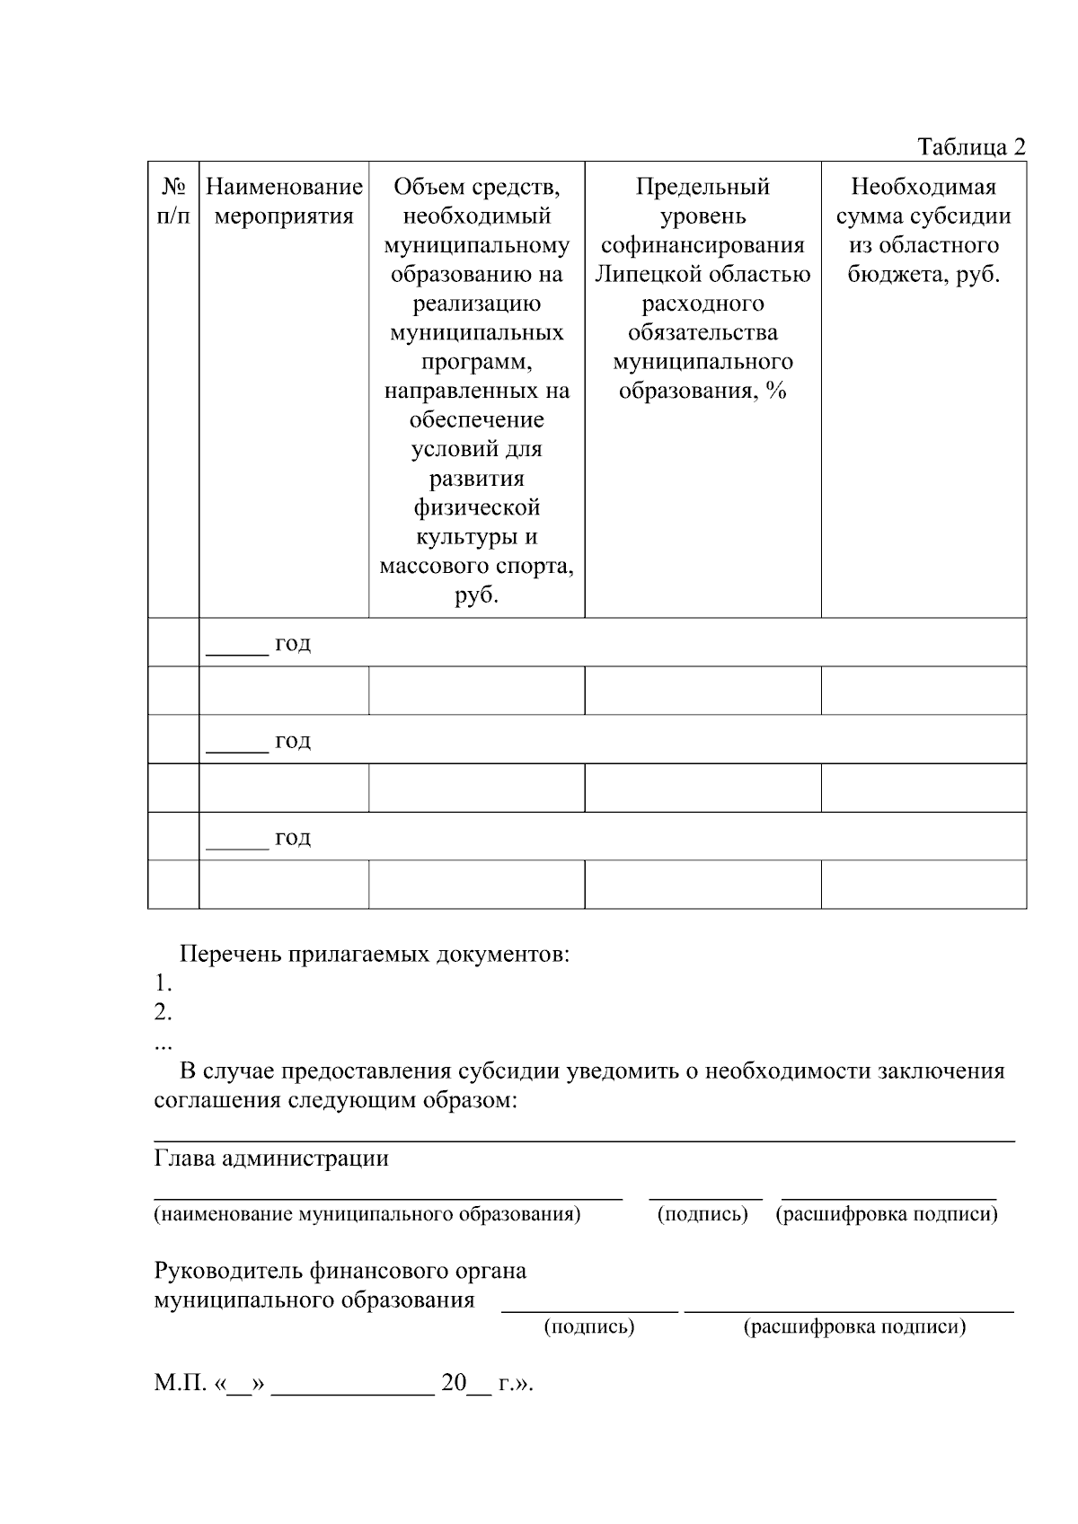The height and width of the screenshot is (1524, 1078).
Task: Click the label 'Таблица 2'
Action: pos(970,146)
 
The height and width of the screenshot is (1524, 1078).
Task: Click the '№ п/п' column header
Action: pos(173,201)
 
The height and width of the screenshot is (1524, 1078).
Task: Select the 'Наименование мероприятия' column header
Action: pos(284,201)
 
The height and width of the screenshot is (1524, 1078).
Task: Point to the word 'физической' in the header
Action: pos(476,507)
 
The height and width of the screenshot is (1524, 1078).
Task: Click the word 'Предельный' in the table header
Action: pos(702,187)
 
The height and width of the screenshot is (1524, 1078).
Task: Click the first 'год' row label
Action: pos(293,643)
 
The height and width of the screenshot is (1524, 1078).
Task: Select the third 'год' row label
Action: pos(293,837)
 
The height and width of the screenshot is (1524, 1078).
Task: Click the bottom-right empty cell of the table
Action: pos(923,885)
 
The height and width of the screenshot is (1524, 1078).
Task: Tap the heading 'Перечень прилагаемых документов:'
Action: pos(375,954)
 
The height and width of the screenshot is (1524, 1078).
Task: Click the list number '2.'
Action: pos(163,1012)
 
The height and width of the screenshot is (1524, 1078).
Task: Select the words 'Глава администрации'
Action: pos(271,1158)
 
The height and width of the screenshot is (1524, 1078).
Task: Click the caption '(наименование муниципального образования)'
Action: pos(367,1214)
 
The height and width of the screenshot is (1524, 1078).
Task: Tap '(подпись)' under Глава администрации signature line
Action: pos(702,1214)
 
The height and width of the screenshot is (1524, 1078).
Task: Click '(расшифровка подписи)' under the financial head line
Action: pos(854,1326)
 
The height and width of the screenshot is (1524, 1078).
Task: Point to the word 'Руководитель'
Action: pos(228,1271)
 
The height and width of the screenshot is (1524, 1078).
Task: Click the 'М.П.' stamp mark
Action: pos(180,1383)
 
